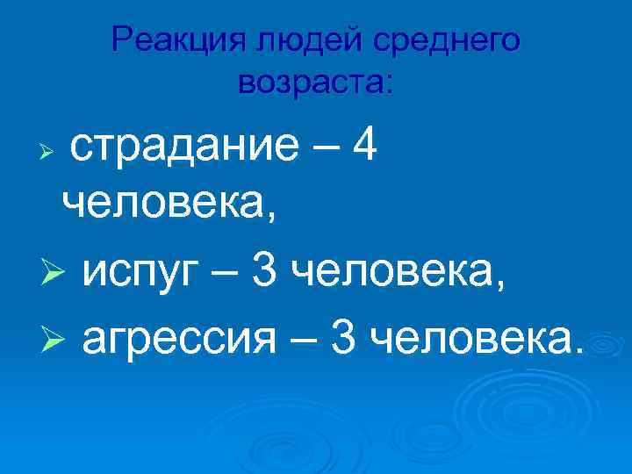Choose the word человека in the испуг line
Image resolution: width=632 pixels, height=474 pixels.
coord(398,274)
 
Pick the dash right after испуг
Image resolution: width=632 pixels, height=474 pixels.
coord(226,274)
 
